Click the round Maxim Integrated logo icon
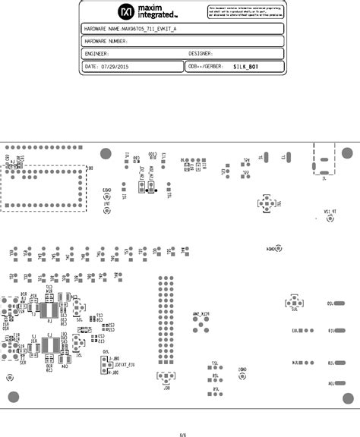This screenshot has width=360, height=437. click(125, 11)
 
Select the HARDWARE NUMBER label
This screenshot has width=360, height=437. click(105, 41)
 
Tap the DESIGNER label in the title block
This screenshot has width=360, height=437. click(201, 54)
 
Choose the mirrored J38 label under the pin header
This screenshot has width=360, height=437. click(166, 387)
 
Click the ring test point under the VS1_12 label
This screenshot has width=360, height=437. click(330, 218)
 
